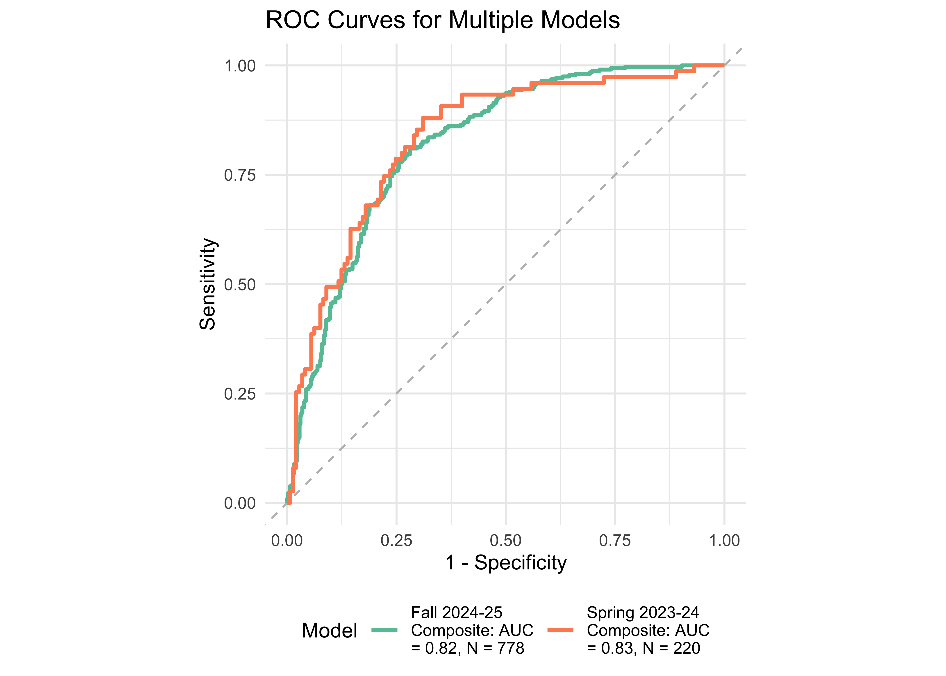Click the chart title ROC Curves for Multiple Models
[x=443, y=20]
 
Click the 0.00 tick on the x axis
[x=287, y=541]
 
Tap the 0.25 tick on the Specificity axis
[x=396, y=541]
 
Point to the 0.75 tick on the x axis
[x=615, y=541]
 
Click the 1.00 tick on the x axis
[x=724, y=541]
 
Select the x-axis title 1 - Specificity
[x=506, y=563]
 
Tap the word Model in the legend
[x=330, y=631]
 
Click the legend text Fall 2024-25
[x=456, y=613]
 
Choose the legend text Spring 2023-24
[x=643, y=613]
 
